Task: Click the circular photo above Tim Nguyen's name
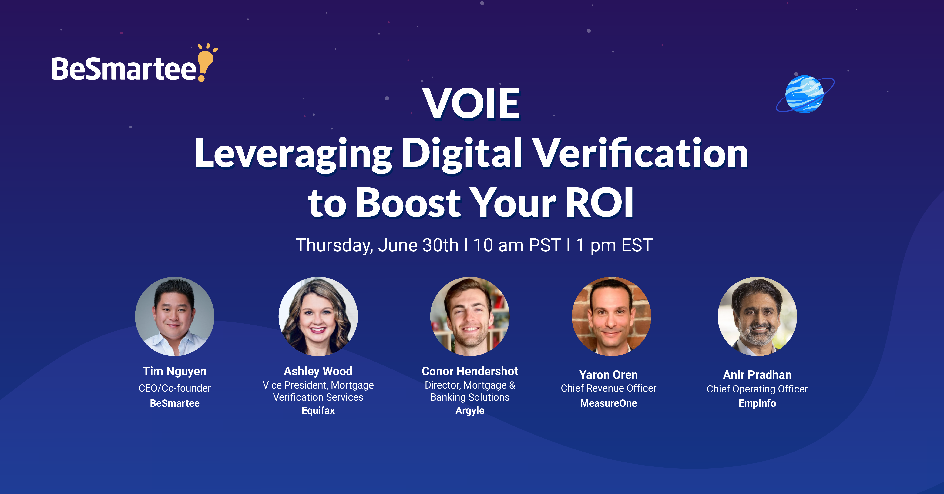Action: point(175,316)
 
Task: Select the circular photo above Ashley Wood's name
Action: point(318,316)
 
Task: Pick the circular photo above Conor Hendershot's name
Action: point(470,316)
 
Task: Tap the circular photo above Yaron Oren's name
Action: point(611,316)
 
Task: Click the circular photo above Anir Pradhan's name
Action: point(757,316)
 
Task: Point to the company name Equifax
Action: point(318,411)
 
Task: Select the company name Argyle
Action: point(470,411)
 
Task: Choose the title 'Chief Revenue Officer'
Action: point(609,388)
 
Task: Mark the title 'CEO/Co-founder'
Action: point(175,388)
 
